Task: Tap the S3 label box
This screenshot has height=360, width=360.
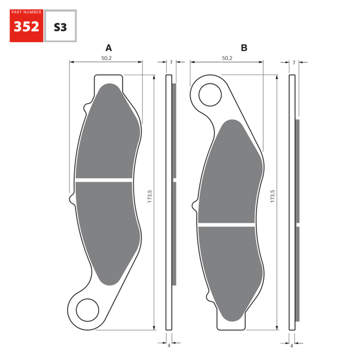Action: pos(60,27)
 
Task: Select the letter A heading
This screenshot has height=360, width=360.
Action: pos(108,48)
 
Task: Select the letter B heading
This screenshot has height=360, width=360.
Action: pos(244,48)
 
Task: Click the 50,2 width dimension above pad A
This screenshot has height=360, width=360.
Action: pos(106,58)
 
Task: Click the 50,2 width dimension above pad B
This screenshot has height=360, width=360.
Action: pos(227,58)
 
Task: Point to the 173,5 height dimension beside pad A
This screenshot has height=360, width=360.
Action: pos(150,202)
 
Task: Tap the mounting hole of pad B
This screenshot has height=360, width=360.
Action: pos(210,95)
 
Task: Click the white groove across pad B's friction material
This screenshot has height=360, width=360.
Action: pos(227,224)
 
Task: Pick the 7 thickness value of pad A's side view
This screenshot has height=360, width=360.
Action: pos(171,62)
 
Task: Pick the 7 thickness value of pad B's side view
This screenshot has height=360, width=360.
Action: pos(294,62)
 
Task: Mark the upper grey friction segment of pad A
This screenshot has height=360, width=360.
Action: pos(108,137)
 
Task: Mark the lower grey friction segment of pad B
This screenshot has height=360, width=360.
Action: pos(229,266)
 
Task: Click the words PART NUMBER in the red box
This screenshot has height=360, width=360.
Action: pos(26,12)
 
